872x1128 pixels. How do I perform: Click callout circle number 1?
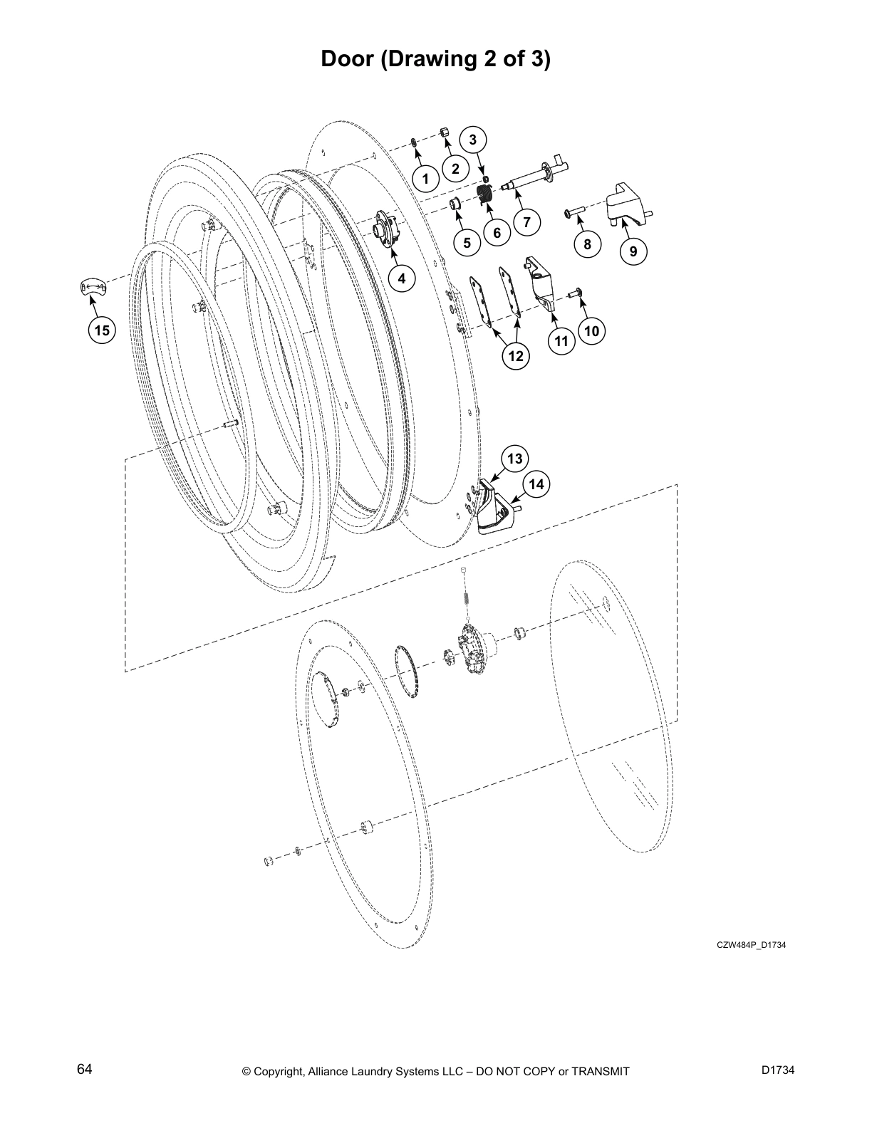[x=426, y=179]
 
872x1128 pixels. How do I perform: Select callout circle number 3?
[x=472, y=139]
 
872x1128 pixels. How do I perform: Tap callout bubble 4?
[x=402, y=278]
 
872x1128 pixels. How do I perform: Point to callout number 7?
[x=526, y=221]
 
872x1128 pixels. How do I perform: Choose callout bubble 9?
[x=633, y=251]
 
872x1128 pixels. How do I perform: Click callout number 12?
[x=516, y=356]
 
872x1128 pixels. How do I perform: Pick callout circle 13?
[x=514, y=459]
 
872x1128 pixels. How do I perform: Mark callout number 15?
[x=103, y=330]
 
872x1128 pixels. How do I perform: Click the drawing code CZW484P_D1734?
[x=751, y=945]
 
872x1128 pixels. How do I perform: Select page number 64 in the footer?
[x=84, y=1070]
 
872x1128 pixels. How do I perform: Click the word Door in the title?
[x=347, y=58]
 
